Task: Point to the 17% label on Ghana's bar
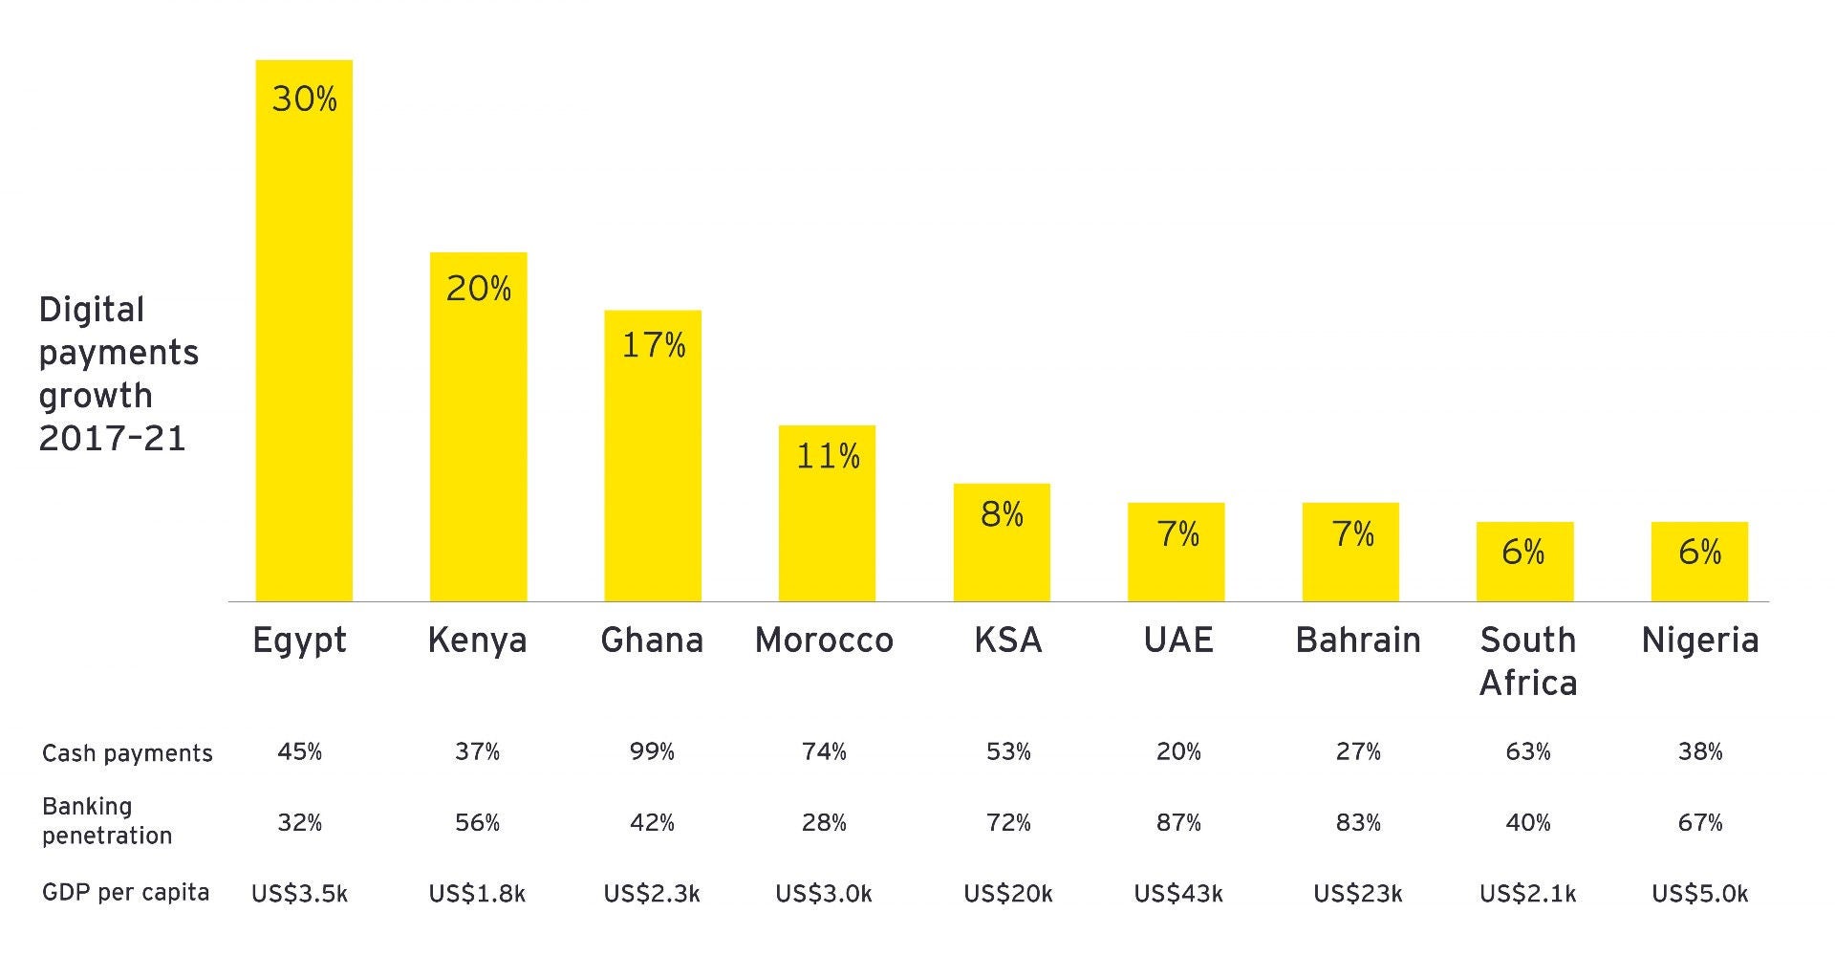click(654, 345)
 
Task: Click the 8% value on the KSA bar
click(1002, 515)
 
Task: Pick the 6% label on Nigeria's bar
click(1699, 552)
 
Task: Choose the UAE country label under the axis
click(1178, 640)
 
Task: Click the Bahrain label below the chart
click(1357, 640)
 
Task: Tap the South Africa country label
click(1527, 661)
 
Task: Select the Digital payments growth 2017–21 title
click(118, 374)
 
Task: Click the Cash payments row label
click(127, 753)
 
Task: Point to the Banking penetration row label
click(106, 820)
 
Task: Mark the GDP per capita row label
click(125, 893)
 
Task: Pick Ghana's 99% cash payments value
click(652, 752)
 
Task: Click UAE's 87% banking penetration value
click(1178, 822)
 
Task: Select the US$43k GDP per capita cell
click(1178, 894)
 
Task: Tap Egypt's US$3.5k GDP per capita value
click(299, 894)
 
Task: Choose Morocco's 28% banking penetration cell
click(824, 822)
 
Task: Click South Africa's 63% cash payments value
click(1527, 752)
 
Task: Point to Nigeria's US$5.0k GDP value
click(1699, 894)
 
